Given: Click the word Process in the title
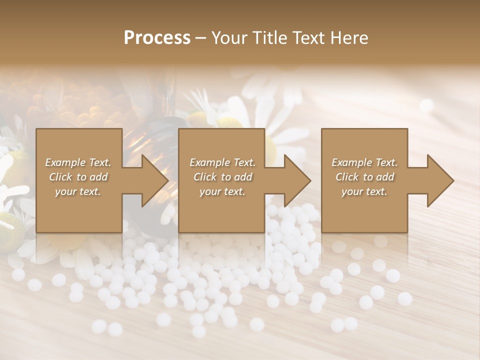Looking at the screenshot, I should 157,38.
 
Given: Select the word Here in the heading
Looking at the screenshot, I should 348,38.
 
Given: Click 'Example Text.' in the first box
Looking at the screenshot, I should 78,162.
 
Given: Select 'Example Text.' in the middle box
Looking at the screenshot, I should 222,162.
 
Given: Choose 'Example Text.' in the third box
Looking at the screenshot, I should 364,162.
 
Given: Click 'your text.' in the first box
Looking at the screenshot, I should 78,191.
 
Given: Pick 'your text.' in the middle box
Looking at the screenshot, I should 222,191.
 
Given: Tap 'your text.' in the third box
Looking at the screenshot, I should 364,191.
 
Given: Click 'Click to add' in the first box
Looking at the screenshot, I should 78,177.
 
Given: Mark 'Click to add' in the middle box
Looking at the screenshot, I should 222,177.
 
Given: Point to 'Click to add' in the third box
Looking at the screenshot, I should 364,177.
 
